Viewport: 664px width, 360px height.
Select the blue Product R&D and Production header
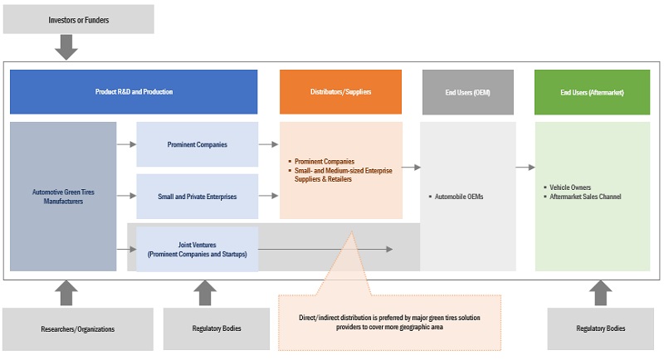pos(134,92)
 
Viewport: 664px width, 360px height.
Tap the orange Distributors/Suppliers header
pos(340,92)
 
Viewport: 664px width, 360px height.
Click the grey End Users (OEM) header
pos(468,92)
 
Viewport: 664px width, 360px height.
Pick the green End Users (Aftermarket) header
pos(592,92)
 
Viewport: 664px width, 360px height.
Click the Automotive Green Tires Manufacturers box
pos(63,197)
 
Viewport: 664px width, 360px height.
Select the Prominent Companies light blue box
pos(197,144)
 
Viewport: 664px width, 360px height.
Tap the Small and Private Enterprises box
pos(197,197)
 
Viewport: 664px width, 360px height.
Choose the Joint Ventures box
pos(197,249)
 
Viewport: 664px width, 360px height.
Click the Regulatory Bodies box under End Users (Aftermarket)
pos(599,329)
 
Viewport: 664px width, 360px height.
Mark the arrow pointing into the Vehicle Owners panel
pos(525,168)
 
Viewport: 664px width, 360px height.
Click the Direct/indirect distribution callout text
pos(389,322)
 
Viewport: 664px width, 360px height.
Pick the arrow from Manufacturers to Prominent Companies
pos(126,144)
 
